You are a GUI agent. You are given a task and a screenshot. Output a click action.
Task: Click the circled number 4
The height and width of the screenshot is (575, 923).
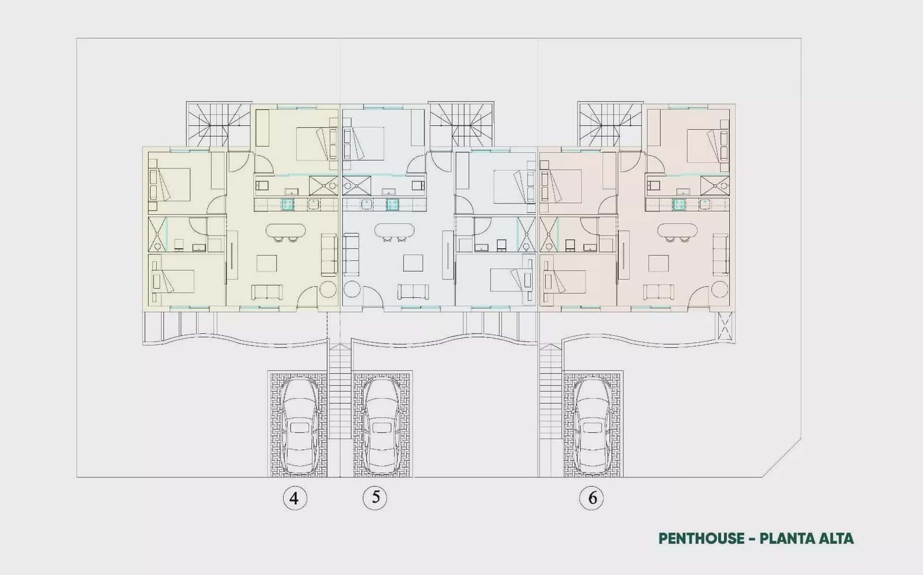pos(295,498)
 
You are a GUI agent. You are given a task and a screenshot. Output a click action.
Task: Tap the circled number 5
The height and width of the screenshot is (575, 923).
pos(375,498)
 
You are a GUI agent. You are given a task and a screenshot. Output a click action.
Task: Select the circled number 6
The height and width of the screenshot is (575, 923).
pos(591,498)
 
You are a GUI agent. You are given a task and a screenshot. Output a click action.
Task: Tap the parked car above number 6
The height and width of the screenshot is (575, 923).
pos(593,426)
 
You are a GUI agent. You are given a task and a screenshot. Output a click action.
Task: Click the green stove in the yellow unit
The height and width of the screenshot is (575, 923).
pos(288,204)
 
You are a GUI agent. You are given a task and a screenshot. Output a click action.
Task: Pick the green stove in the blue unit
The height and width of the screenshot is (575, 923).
pos(392,204)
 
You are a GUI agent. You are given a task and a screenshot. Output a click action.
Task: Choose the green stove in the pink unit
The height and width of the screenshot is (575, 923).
pos(678,204)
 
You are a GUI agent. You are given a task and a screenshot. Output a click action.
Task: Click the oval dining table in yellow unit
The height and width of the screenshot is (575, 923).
pos(286,230)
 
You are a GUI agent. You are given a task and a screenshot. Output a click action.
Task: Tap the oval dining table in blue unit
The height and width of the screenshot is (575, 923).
pos(395,230)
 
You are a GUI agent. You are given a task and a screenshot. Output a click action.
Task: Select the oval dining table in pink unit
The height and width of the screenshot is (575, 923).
pos(677,230)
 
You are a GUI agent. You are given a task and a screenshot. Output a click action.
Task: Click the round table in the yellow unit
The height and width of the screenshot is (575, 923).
pos(328,289)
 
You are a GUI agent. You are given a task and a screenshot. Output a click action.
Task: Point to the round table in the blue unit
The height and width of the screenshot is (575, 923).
pos(352,289)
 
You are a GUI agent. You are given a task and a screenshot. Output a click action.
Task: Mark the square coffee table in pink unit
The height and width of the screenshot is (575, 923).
pos(658,263)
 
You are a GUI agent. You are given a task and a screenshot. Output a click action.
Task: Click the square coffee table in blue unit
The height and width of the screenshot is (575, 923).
pos(413,263)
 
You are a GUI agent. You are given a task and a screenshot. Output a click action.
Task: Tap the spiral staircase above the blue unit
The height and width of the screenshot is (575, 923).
pos(461,124)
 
